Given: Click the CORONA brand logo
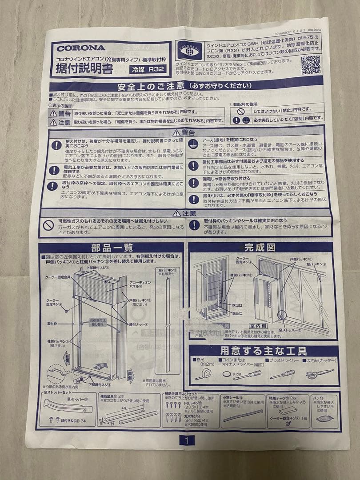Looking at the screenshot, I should tap(81, 48).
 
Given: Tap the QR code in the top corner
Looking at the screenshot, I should tap(311, 65).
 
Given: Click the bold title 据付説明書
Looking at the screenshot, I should tap(84, 68).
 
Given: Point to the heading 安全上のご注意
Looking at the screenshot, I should tap(149, 86).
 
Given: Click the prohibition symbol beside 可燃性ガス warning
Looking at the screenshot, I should tap(48, 225).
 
